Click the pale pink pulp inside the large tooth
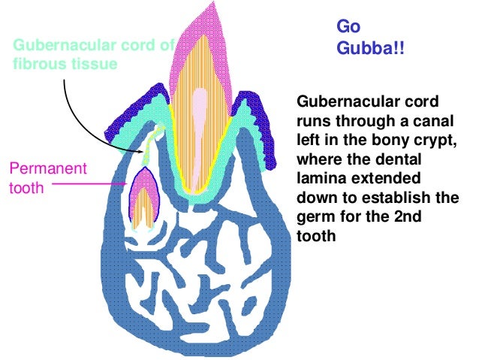pyautogui.click(x=199, y=113)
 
